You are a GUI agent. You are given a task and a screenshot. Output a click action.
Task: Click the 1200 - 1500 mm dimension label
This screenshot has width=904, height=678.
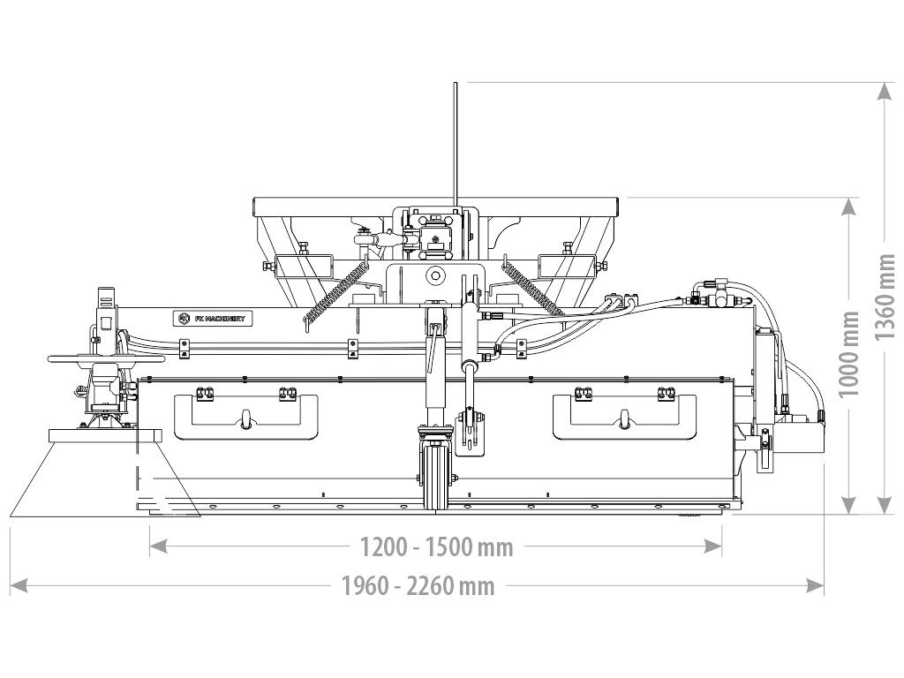click(436, 547)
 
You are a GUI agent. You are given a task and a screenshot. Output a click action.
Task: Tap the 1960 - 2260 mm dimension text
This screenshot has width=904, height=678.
click(418, 585)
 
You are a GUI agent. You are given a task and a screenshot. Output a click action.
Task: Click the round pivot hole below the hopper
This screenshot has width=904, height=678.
click(434, 276)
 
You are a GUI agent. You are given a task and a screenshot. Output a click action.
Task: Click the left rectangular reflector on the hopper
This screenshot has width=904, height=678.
click(302, 265)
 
